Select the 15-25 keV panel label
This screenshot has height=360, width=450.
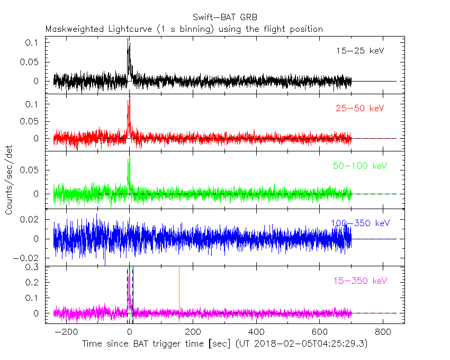point(359,51)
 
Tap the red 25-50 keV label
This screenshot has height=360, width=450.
point(359,109)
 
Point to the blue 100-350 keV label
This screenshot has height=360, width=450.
point(359,223)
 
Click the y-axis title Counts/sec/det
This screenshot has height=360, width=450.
point(9,180)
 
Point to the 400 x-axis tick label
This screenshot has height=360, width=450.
point(256,332)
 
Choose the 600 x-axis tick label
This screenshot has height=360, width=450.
point(320,332)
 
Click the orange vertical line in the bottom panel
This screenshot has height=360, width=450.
point(179,294)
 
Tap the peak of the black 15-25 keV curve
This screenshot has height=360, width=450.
point(129,39)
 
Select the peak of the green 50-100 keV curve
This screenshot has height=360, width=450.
point(129,157)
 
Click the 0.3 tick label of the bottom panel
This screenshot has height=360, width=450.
point(33,267)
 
